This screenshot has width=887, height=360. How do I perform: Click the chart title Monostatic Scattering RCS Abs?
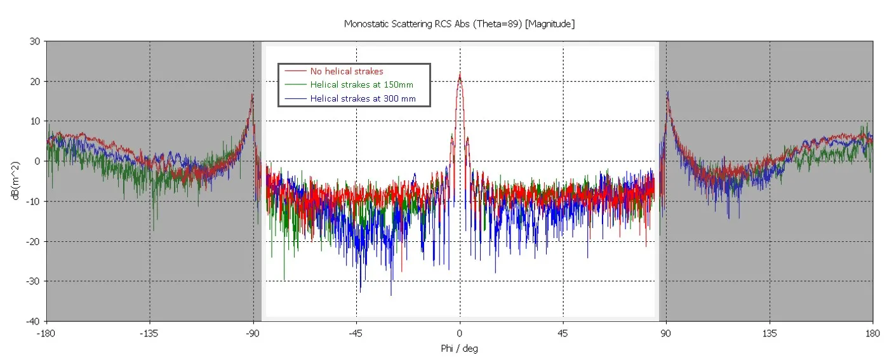pyautogui.click(x=459, y=23)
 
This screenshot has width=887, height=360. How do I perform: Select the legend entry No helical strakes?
pyautogui.click(x=347, y=71)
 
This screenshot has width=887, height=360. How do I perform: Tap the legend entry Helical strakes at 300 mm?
pyautogui.click(x=363, y=98)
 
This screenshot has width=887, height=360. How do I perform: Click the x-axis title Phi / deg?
pyautogui.click(x=459, y=349)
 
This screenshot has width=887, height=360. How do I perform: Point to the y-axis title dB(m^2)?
pyautogui.click(x=15, y=182)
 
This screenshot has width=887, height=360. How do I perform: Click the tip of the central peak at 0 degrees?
pyautogui.click(x=460, y=74)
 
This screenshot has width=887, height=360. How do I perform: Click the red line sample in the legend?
pyautogui.click(x=296, y=71)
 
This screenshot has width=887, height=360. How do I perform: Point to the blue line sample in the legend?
pyautogui.click(x=296, y=98)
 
